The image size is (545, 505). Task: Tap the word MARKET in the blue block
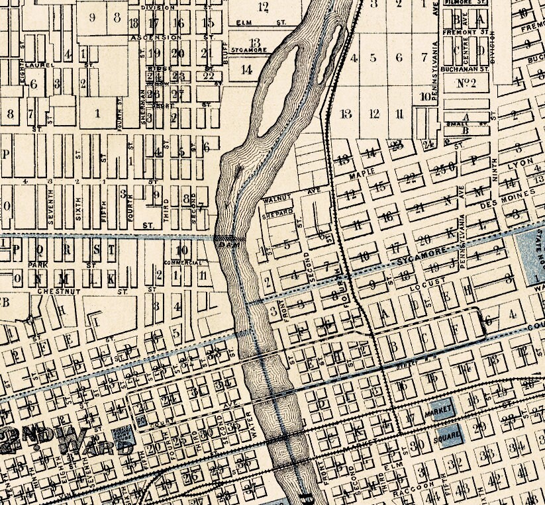442,410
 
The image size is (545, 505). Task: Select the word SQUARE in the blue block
448,437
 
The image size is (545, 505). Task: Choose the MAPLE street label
366,172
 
